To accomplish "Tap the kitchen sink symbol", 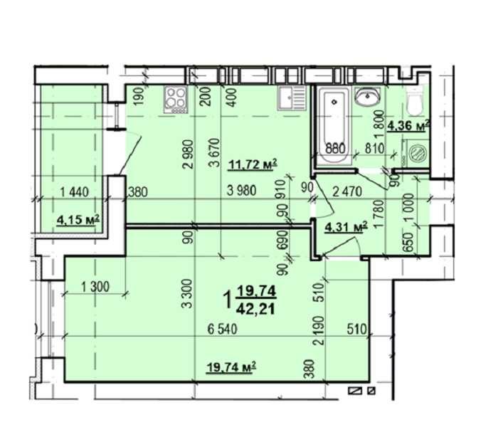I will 290,97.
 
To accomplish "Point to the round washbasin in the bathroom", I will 369,97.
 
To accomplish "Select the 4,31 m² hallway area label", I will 345,227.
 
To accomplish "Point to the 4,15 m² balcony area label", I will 77,218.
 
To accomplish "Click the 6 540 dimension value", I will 223,330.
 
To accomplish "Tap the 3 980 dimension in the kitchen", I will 242,191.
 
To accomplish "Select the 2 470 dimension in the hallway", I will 349,190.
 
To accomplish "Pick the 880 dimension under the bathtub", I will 335,149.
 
